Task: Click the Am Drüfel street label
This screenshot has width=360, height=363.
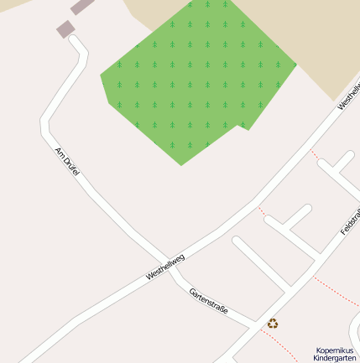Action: (x=66, y=160)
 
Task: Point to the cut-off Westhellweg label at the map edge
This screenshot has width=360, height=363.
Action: (x=349, y=96)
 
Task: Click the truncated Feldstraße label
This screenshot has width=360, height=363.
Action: (x=350, y=220)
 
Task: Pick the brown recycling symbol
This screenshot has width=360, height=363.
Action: (x=273, y=323)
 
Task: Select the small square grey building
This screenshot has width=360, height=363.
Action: (x=65, y=29)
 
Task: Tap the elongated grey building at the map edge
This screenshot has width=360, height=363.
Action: (x=82, y=7)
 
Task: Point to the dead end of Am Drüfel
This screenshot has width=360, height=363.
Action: (x=74, y=39)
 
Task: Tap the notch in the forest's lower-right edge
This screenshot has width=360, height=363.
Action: (x=244, y=127)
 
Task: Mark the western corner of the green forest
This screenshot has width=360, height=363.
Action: (x=102, y=76)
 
